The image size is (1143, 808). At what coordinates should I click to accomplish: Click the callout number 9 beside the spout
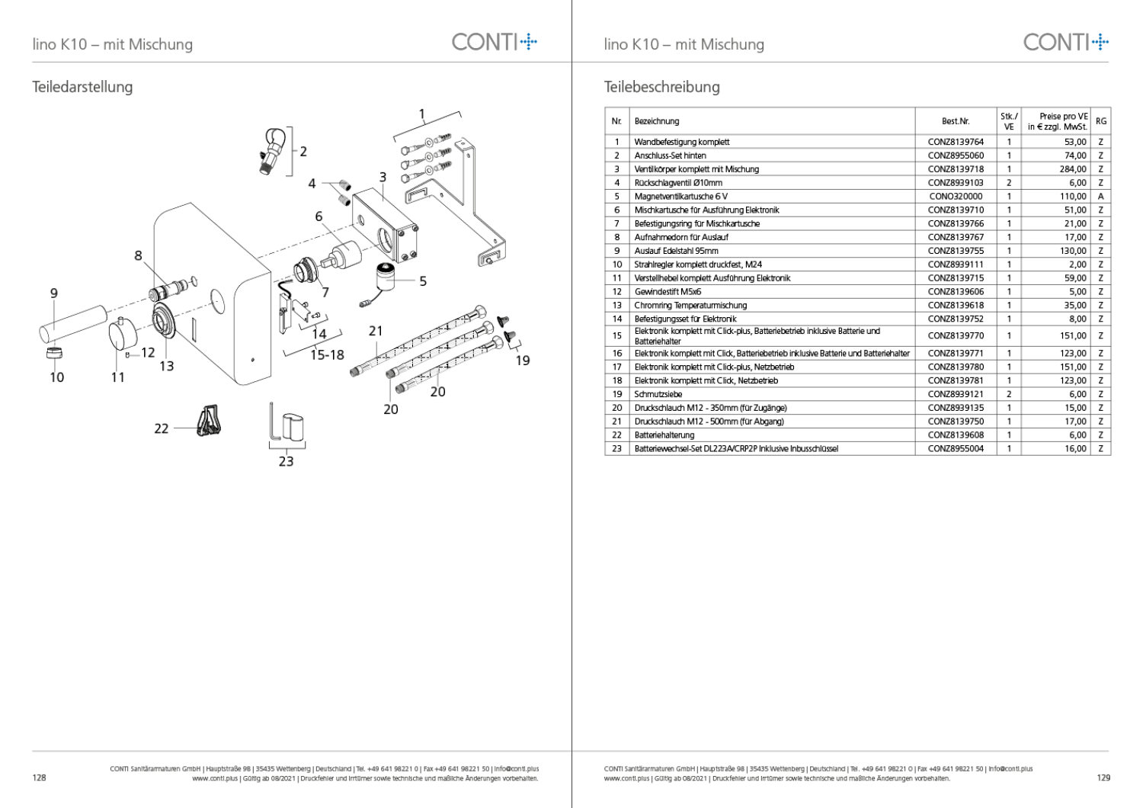click(x=54, y=293)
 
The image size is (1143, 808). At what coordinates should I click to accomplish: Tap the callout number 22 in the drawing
click(x=162, y=428)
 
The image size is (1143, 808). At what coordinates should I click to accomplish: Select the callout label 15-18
click(x=327, y=354)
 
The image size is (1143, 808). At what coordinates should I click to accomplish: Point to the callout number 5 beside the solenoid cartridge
click(x=422, y=281)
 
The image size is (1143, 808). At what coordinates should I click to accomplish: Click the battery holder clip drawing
click(x=210, y=421)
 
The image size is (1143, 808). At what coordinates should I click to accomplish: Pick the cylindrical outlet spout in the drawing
click(x=73, y=324)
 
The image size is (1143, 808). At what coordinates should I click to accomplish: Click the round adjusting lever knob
click(x=123, y=337)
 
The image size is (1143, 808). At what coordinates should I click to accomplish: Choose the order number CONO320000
click(x=956, y=196)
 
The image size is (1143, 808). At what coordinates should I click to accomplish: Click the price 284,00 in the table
click(x=1073, y=169)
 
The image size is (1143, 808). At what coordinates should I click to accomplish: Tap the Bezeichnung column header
click(x=656, y=121)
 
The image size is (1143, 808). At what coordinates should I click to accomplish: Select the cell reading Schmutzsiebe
click(x=658, y=394)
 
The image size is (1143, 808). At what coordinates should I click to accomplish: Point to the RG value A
click(x=1100, y=196)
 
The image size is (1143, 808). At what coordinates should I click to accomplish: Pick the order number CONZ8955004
click(x=956, y=449)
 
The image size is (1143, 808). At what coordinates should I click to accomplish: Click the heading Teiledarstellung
click(x=82, y=87)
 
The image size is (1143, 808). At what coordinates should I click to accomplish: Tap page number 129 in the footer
click(x=1103, y=778)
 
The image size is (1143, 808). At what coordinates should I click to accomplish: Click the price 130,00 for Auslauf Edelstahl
click(x=1073, y=251)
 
